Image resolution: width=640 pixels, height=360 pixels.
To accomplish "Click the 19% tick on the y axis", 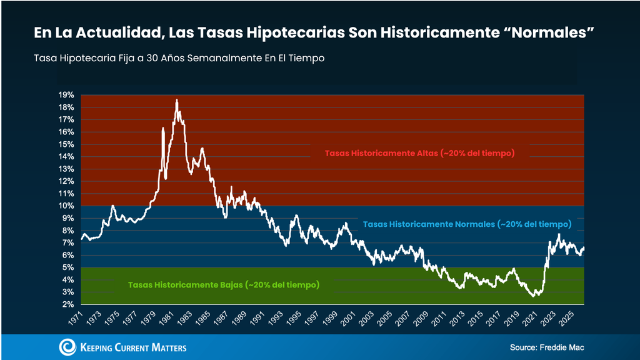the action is [66, 95].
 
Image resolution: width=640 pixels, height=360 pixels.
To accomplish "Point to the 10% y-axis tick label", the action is [66, 206].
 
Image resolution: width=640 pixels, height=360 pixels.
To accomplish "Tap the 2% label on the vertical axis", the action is [68, 304].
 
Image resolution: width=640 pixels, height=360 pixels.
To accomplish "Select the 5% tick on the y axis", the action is [68, 267].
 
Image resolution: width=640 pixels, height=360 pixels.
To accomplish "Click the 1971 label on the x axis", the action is [76, 318].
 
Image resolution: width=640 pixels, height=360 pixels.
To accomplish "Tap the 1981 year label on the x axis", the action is [166, 318].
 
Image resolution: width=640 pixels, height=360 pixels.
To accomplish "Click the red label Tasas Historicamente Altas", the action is [419, 154].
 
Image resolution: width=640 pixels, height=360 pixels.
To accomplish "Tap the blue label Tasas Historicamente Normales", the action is [467, 224].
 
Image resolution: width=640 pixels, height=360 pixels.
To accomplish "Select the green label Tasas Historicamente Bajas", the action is [224, 285].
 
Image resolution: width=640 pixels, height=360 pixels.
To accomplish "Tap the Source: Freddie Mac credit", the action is [547, 347].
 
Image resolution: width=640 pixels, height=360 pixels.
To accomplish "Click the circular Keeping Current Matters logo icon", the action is [67, 347].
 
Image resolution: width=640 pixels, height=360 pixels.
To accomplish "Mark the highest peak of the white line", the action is [177, 100].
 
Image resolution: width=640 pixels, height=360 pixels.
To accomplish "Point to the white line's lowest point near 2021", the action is [533, 296].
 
